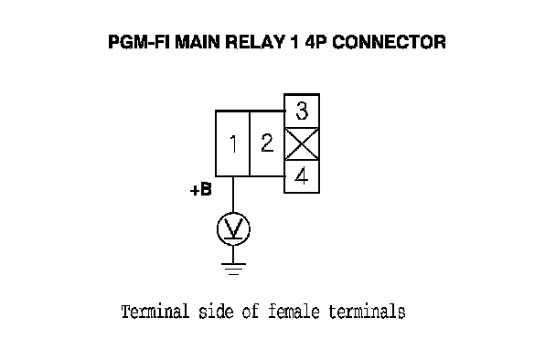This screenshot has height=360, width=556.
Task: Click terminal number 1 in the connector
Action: point(232,143)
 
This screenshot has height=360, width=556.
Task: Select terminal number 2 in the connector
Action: point(267,143)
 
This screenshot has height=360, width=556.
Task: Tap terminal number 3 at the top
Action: point(302,111)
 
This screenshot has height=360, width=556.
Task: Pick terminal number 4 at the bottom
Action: point(302,176)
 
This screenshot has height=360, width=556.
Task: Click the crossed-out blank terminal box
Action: point(302,143)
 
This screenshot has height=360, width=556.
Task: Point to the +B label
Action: point(201,189)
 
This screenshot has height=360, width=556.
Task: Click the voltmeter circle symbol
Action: point(233,229)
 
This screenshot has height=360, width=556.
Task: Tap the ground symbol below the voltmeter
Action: point(233,269)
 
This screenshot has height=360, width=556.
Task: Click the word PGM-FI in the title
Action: point(139,42)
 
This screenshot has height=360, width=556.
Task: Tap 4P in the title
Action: point(315,42)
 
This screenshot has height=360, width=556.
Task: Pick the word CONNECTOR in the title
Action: point(389,42)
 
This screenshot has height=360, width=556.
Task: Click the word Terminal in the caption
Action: point(155,312)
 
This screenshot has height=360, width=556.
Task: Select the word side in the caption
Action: point(216,312)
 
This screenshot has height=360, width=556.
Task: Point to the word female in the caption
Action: point(294,312)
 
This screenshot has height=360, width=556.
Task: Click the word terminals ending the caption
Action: point(367,312)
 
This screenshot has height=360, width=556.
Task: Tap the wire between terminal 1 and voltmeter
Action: point(233,195)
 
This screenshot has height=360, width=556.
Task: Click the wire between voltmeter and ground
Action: point(233,254)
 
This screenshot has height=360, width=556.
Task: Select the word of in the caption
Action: point(251,312)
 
